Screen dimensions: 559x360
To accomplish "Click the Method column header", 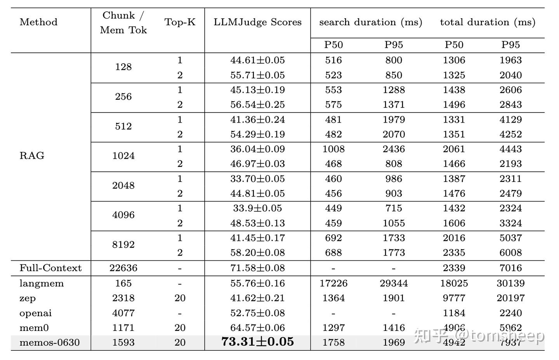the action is pyautogui.click(x=38, y=22).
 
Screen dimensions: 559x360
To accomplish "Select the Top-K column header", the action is pyautogui.click(x=180, y=22).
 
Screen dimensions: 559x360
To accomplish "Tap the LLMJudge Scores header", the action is pyautogui.click(x=257, y=22).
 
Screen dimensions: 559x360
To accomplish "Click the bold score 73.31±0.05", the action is pyautogui.click(x=257, y=342).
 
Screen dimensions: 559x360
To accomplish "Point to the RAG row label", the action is pyautogui.click(x=32, y=156).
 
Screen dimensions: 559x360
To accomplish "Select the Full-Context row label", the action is pyautogui.click(x=50, y=268).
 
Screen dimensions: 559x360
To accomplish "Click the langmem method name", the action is pyautogui.click(x=42, y=284).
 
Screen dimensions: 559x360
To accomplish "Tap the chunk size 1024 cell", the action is pyautogui.click(x=123, y=156).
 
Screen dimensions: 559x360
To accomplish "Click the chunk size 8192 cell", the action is pyautogui.click(x=123, y=245).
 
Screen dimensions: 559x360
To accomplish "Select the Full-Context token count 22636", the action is pyautogui.click(x=123, y=268).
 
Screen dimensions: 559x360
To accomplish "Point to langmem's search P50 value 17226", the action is pyautogui.click(x=333, y=284).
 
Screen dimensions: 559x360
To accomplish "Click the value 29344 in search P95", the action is pyautogui.click(x=394, y=284).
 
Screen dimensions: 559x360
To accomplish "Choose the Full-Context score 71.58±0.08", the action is pyautogui.click(x=257, y=268).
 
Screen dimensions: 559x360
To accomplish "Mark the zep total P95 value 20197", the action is pyautogui.click(x=510, y=298).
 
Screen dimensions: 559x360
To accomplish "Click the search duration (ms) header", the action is pyautogui.click(x=371, y=22).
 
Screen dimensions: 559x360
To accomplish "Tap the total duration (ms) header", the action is pyautogui.click(x=488, y=22).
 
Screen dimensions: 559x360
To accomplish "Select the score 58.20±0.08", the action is pyautogui.click(x=257, y=253).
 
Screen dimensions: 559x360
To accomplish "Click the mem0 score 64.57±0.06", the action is pyautogui.click(x=257, y=328).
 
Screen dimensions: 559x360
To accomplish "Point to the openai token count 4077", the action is pyautogui.click(x=123, y=313).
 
